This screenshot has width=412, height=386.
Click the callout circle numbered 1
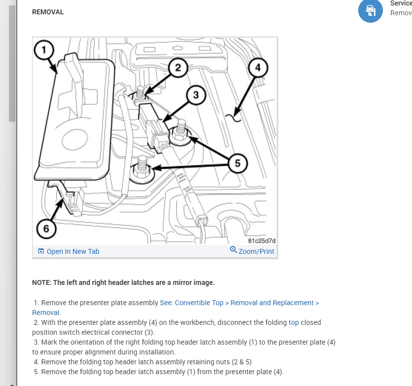coord(44,50)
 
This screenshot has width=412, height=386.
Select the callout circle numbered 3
coord(196,95)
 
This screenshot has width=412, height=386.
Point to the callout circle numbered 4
coord(258,68)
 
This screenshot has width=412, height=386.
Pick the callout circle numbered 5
coord(238,163)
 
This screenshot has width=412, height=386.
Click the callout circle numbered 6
coord(46,228)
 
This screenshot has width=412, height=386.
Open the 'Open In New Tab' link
coord(73,251)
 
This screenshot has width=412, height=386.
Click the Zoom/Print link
coord(256,251)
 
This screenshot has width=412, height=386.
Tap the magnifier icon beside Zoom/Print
coord(233,250)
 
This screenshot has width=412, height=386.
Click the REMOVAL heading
coord(48,12)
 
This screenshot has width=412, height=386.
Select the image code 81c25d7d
coord(262,241)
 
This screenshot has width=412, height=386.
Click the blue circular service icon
coord(370,10)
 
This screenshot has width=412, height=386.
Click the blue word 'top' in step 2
coord(294,322)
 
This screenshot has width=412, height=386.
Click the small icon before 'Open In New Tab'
coord(41,251)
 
